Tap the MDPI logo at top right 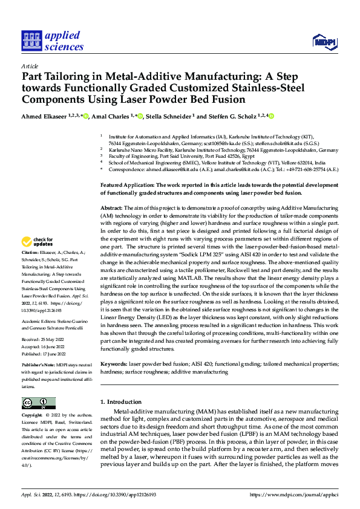pos(322,41)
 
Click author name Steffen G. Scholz pos(232,116)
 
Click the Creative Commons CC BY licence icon pos(38,403)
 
